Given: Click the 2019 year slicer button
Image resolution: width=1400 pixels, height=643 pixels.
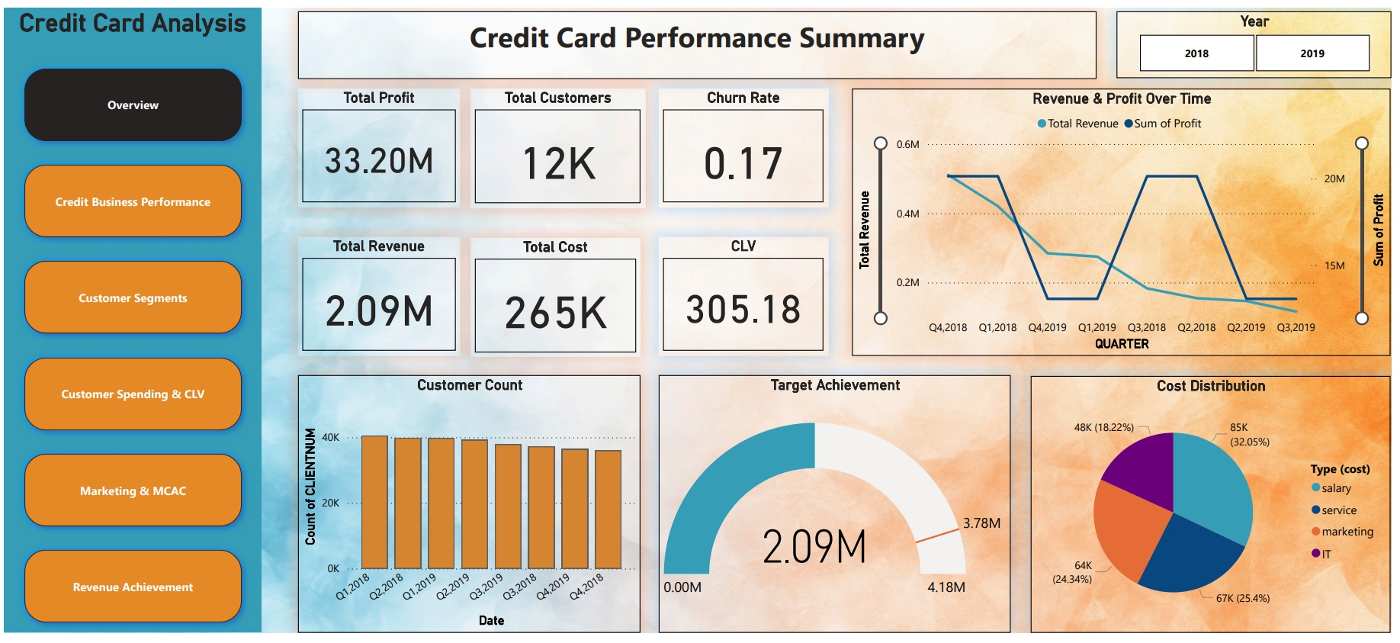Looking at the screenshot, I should coord(1312,53).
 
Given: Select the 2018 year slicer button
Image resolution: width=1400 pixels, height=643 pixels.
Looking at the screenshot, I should coord(1196,53).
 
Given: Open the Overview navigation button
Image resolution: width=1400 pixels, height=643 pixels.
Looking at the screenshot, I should coord(133,105).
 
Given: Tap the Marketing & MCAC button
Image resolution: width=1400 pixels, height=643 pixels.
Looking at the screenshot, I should coord(133,490).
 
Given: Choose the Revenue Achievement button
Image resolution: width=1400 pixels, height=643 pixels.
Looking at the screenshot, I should coord(133,587).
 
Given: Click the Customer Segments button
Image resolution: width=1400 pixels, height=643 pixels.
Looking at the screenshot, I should coord(133,297).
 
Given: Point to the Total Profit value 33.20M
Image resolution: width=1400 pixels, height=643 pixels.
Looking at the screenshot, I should coord(379,161).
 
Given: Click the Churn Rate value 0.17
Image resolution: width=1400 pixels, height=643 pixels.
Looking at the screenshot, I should coord(743,163).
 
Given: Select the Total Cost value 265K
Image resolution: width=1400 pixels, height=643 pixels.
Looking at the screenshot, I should coord(555,313).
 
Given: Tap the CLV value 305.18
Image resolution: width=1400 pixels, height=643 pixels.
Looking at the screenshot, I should coord(743,310).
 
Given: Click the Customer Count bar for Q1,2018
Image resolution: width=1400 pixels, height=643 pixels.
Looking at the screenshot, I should coord(374,502).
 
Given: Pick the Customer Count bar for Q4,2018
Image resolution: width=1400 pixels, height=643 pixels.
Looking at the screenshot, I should coord(608,509).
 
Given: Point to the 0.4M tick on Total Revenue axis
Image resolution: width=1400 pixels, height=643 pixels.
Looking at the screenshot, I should coord(907,214).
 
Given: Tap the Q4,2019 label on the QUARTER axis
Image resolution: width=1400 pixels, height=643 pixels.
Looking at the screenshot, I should coord(1047,327).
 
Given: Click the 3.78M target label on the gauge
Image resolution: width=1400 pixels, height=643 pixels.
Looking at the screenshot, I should coord(981,523).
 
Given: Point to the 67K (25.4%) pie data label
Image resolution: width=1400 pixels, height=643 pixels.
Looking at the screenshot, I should coord(1242,598).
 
